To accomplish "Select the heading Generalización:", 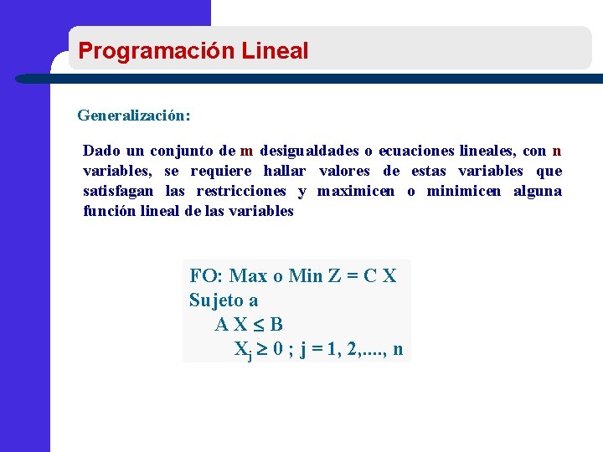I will [x=134, y=114].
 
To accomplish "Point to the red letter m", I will [x=246, y=152].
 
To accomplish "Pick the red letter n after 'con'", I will [x=557, y=152].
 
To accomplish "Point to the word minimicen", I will [x=464, y=192].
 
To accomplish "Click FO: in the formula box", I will [x=206, y=276].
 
